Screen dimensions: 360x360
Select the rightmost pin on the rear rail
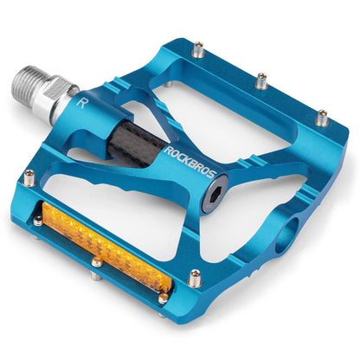point(321,117)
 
